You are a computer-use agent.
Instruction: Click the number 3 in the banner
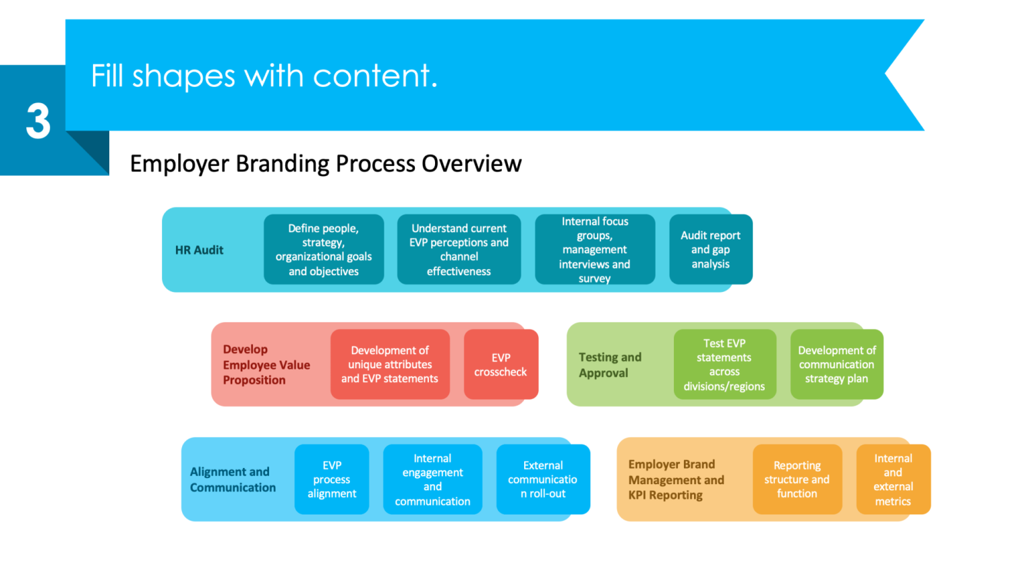click(38, 122)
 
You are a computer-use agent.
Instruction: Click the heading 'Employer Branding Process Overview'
click(325, 164)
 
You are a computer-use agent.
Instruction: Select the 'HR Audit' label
click(199, 250)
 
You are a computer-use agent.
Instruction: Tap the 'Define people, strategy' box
click(324, 249)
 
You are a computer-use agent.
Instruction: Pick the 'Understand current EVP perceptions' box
click(459, 249)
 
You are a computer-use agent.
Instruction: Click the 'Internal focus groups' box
click(594, 249)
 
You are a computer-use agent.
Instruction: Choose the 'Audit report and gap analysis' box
click(710, 249)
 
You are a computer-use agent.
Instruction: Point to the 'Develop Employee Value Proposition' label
click(266, 365)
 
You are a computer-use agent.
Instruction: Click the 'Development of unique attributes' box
click(390, 364)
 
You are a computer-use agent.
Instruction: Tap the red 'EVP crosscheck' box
click(500, 364)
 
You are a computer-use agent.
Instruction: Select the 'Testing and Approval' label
click(610, 365)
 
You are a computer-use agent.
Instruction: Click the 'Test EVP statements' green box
click(724, 364)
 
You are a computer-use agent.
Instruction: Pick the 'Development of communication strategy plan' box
click(836, 364)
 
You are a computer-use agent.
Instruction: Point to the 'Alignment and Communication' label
click(233, 479)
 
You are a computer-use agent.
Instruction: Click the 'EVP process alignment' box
click(332, 479)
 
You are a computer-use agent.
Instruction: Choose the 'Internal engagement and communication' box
click(432, 479)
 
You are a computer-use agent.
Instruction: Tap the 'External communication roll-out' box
click(543, 479)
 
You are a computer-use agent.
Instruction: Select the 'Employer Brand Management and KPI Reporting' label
click(676, 479)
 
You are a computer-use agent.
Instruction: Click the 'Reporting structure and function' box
click(797, 479)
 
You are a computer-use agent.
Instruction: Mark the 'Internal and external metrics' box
click(893, 479)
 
